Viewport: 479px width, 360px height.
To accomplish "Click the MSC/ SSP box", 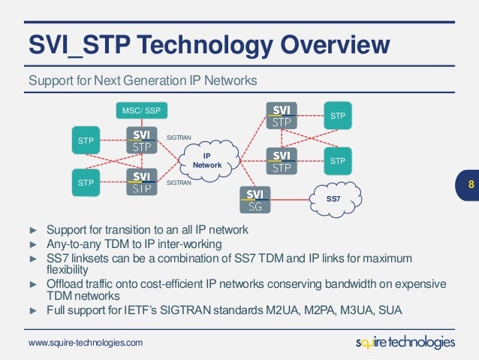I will tap(141, 111).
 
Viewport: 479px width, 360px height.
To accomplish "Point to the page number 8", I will tap(470, 184).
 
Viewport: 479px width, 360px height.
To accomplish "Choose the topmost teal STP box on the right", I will tap(338, 116).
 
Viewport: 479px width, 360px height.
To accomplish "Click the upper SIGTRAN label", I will tap(179, 138).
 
